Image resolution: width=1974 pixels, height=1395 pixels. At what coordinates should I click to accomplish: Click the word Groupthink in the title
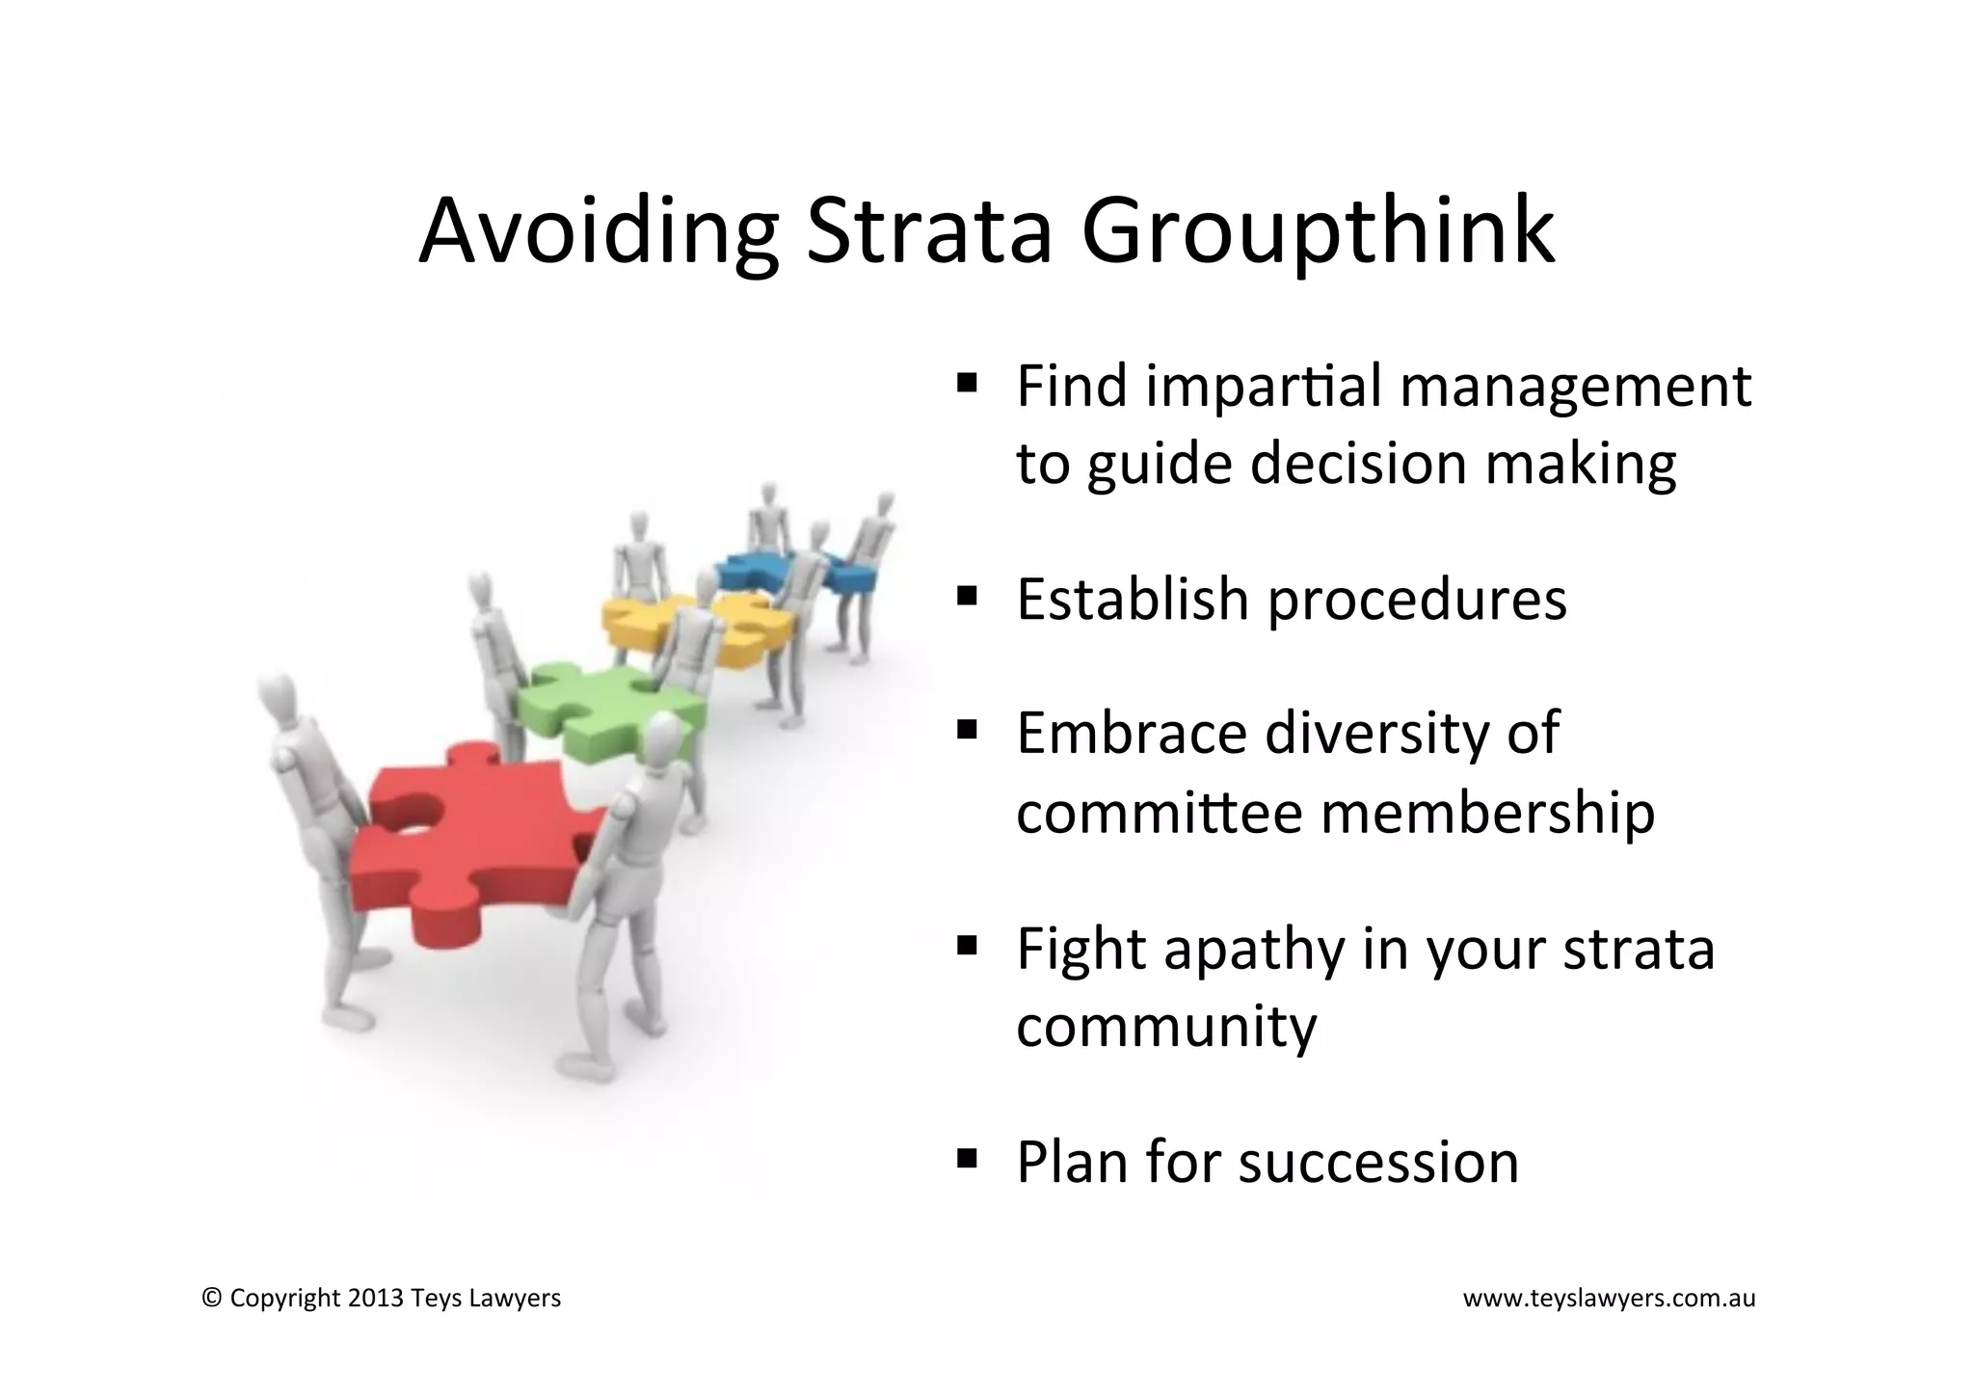(x=1318, y=231)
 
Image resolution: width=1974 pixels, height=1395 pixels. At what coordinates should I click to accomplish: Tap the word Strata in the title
(x=927, y=231)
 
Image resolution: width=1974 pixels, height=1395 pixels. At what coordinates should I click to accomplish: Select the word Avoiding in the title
(x=598, y=231)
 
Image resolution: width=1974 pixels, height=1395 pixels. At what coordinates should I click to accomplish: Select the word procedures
(x=1417, y=600)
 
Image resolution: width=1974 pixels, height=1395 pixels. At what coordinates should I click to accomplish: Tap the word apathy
(x=1253, y=950)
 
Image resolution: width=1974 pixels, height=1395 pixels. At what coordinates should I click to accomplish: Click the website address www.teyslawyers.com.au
(x=1609, y=1299)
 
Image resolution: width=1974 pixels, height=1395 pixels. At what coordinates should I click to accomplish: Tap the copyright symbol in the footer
(x=211, y=1299)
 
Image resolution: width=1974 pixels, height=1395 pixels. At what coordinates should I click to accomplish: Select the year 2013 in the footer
(x=376, y=1299)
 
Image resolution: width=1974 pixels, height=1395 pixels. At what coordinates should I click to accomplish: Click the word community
(x=1166, y=1027)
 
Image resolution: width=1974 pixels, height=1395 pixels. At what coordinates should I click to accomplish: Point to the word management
(x=1575, y=388)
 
